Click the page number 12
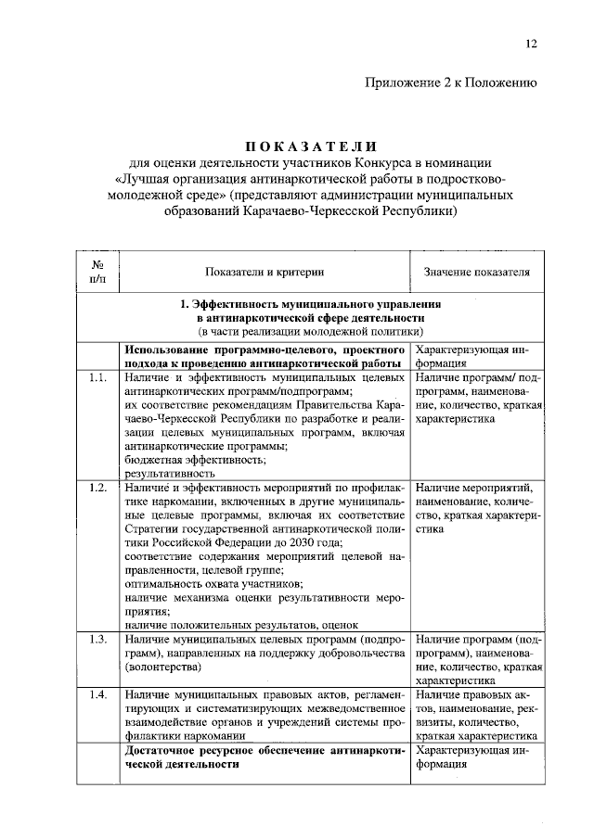531,43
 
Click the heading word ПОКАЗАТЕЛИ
312,146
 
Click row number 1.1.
98,379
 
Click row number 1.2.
98,488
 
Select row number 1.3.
98,640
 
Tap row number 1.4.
98,694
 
